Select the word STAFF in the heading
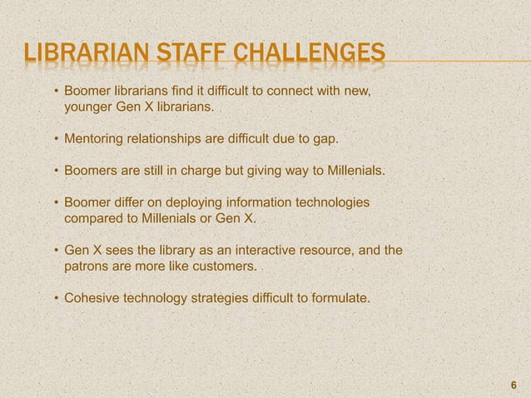[180, 57]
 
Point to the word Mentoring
[95, 139]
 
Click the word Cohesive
[92, 299]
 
